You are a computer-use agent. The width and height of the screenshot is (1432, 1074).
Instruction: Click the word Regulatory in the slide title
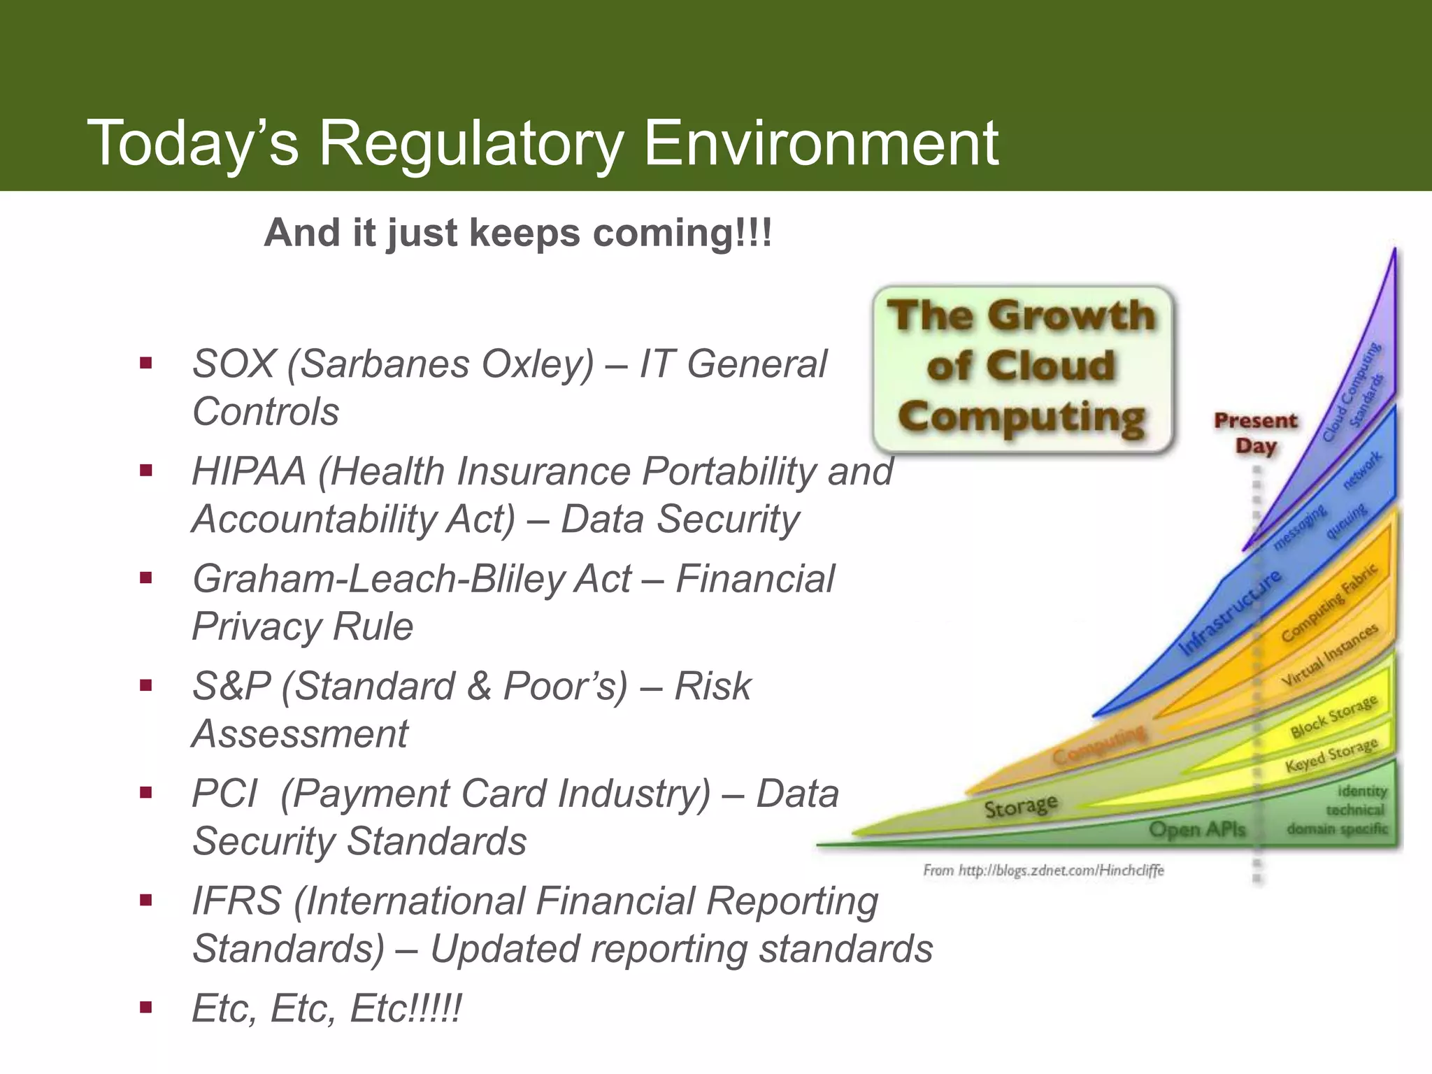click(x=470, y=144)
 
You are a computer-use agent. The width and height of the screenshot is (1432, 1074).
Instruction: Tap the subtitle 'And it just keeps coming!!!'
click(x=517, y=233)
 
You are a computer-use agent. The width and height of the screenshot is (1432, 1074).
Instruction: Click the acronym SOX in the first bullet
click(x=234, y=364)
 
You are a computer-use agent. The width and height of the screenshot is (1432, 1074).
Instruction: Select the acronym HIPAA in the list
click(x=249, y=471)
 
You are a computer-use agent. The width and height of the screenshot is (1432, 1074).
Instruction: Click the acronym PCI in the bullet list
click(x=224, y=794)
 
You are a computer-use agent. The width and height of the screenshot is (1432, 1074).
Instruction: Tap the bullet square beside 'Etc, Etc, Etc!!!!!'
click(x=146, y=1008)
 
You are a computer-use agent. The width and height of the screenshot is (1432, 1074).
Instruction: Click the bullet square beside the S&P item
click(x=146, y=686)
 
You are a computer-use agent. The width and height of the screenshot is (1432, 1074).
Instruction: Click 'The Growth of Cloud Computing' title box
click(x=1022, y=368)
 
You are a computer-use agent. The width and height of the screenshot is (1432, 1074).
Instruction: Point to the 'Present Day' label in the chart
click(x=1255, y=433)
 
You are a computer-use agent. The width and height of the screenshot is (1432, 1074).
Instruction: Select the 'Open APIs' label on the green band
click(x=1197, y=830)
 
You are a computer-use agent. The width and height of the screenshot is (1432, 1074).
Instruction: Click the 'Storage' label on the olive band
click(x=1020, y=806)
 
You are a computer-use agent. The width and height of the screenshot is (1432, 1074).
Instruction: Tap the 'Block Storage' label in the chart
click(x=1333, y=717)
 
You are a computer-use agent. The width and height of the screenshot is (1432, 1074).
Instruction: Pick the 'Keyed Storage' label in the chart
click(x=1331, y=755)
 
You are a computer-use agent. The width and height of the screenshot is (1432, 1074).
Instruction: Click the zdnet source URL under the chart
click(x=1043, y=871)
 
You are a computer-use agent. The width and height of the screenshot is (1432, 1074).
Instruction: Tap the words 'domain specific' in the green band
click(x=1337, y=829)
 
